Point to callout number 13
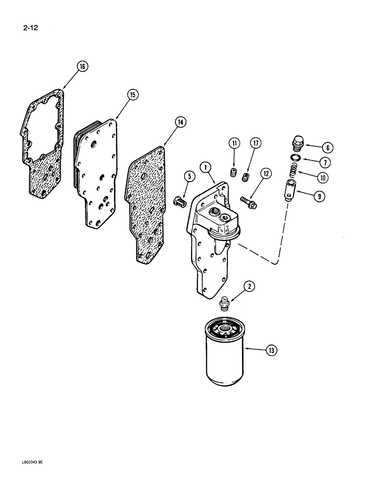pos(271,350)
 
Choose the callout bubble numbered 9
pos(318,196)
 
